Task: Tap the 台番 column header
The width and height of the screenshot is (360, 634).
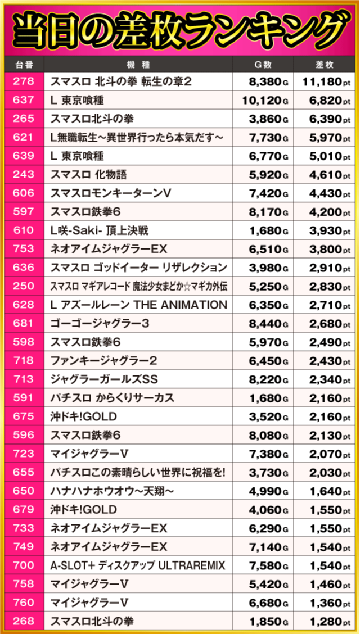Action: (x=23, y=64)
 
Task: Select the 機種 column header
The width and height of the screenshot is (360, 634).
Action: (x=138, y=64)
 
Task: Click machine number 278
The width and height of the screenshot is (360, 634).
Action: (x=23, y=81)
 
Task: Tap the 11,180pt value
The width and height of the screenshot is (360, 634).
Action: (x=326, y=81)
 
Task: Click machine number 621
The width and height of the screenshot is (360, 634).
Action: (x=23, y=137)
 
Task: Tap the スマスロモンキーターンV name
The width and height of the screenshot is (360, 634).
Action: (x=111, y=193)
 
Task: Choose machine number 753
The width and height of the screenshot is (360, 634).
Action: (x=23, y=249)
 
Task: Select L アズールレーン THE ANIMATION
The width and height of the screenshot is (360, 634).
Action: (x=139, y=305)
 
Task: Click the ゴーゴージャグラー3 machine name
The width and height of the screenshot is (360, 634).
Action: (x=100, y=323)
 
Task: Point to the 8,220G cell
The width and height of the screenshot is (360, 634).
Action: (x=265, y=379)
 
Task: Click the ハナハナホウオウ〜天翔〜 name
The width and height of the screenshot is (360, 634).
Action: (x=112, y=491)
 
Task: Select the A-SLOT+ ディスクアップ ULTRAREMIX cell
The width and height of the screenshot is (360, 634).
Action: (x=138, y=565)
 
